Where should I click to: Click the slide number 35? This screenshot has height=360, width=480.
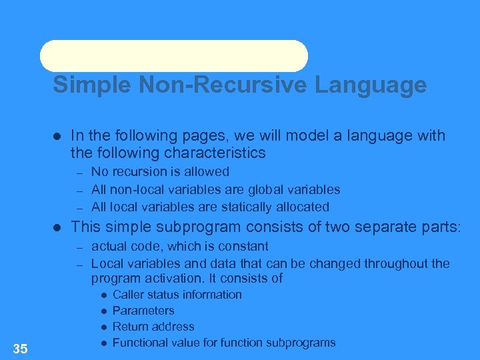click(x=20, y=348)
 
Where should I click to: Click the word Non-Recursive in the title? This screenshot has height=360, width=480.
click(x=198, y=85)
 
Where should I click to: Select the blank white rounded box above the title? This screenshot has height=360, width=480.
click(x=173, y=56)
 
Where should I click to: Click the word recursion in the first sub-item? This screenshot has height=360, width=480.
click(x=135, y=172)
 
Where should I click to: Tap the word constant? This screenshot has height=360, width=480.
click(x=243, y=247)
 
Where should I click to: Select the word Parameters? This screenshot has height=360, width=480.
click(x=143, y=311)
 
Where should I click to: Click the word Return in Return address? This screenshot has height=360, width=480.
click(x=130, y=327)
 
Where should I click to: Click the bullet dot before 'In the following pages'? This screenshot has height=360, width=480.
click(x=57, y=136)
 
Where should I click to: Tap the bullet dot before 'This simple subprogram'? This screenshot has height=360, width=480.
click(x=57, y=227)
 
